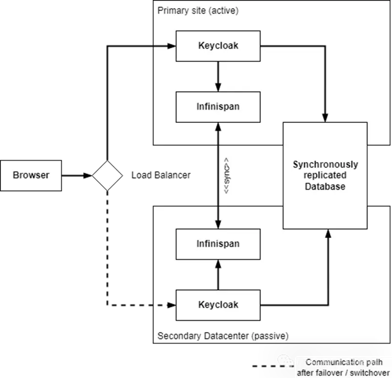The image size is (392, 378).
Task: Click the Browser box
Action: pyautogui.click(x=31, y=175)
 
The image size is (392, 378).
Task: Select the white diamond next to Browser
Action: pyautogui.click(x=108, y=175)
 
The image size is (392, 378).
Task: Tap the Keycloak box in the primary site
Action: pyautogui.click(x=218, y=46)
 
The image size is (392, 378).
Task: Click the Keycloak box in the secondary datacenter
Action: pyautogui.click(x=218, y=305)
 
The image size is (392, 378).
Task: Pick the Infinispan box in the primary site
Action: pyautogui.click(x=218, y=107)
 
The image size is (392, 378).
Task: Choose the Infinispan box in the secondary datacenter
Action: pyautogui.click(x=218, y=243)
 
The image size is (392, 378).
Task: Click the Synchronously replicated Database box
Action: pyautogui.click(x=325, y=176)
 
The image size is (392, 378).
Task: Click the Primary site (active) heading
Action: pyautogui.click(x=198, y=11)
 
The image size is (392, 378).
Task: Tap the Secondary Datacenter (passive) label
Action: pyautogui.click(x=223, y=336)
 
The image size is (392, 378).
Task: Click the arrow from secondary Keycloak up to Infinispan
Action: pyautogui.click(x=218, y=275)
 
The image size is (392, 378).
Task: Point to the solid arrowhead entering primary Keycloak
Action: pyautogui.click(x=171, y=46)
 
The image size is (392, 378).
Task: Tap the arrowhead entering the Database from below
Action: pyautogui.click(x=328, y=234)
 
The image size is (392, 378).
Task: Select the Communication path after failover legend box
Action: pyautogui.click(x=343, y=367)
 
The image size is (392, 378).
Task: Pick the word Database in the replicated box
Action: pyautogui.click(x=325, y=186)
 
